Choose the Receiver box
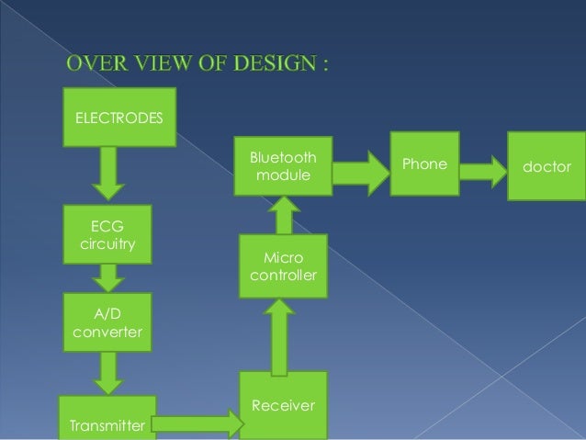[x=284, y=405]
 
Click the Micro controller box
[x=284, y=266]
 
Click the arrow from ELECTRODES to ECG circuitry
[x=108, y=173]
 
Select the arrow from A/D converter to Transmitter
[x=108, y=372]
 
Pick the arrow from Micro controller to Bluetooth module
[x=284, y=217]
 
